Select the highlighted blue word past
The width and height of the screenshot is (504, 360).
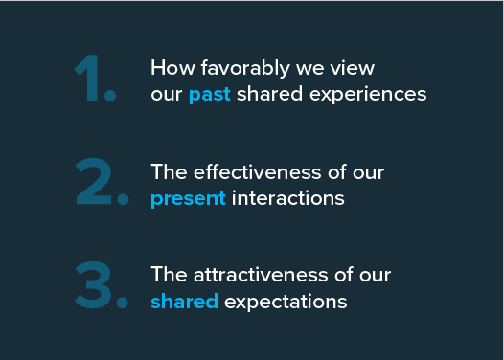click(x=210, y=96)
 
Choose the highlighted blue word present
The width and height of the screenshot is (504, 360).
click(x=188, y=199)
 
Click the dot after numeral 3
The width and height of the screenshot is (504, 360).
click(x=122, y=302)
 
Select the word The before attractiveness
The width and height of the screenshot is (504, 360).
click(x=168, y=276)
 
